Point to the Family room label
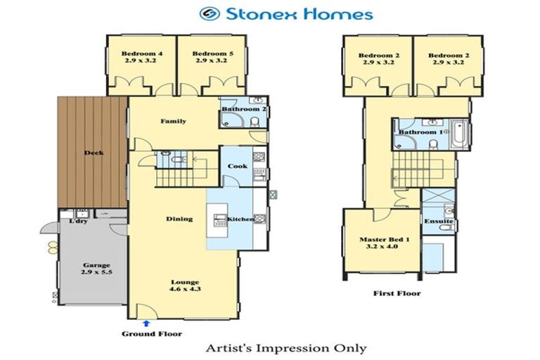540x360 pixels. pos(173,122)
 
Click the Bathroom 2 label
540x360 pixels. pos(243,110)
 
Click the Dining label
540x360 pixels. pos(179,219)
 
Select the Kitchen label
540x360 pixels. pos(240,219)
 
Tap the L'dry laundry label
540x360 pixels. pos(78,221)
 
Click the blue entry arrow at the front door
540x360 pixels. pos(146,323)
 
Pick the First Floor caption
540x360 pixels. pos(397,293)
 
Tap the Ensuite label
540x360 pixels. pos(438,222)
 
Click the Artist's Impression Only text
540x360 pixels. pos(285,348)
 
